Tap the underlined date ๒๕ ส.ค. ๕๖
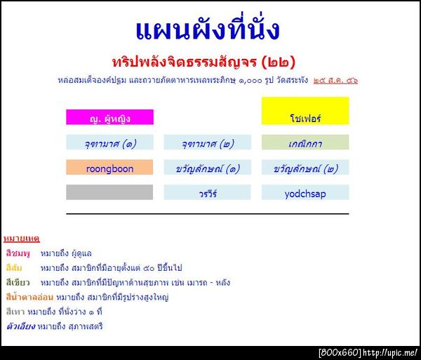[x=336, y=80]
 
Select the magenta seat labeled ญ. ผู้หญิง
[x=109, y=118]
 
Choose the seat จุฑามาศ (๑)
[x=109, y=143]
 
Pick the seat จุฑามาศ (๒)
[x=207, y=143]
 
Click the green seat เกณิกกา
[x=305, y=143]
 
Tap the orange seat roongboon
[x=109, y=168]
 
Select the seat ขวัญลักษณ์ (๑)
[x=207, y=168]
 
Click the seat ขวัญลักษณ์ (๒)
[x=305, y=168]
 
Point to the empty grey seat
[x=109, y=192]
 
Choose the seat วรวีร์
[x=207, y=192]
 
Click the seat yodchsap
[x=305, y=192]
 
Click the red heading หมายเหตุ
[x=21, y=239]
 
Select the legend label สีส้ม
[x=13, y=268]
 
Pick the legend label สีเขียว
[x=17, y=283]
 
